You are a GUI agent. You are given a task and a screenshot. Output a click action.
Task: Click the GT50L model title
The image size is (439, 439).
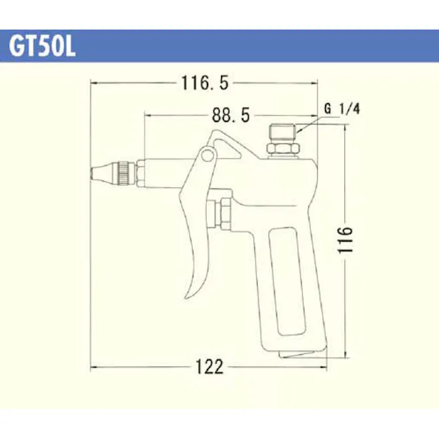click(x=42, y=46)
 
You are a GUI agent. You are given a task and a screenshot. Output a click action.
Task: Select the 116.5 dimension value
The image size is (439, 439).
click(x=205, y=83)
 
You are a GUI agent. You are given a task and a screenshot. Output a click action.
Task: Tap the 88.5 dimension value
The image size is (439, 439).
click(x=231, y=115)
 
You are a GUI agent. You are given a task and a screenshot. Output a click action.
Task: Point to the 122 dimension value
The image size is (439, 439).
click(x=209, y=367)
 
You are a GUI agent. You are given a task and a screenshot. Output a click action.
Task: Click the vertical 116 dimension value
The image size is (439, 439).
click(x=345, y=240)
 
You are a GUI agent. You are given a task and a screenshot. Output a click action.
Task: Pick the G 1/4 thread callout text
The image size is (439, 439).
click(x=342, y=108)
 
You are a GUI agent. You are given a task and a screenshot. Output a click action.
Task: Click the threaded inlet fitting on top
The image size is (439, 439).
click(x=282, y=132)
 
